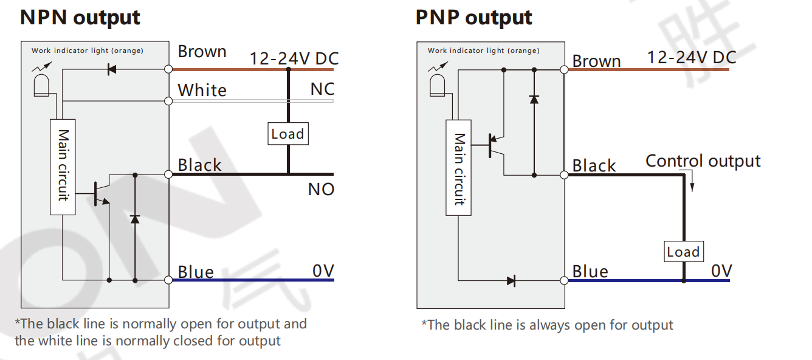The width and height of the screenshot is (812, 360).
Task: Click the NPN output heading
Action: tap(80, 18)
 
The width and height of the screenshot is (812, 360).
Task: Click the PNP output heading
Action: tap(473, 18)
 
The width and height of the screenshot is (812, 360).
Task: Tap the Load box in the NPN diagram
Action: tap(287, 134)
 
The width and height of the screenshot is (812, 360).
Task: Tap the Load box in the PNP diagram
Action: tap(683, 252)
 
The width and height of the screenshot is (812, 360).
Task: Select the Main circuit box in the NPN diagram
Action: tap(63, 167)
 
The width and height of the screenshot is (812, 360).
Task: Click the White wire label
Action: tap(202, 91)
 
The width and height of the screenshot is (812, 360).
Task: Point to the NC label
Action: tap(322, 89)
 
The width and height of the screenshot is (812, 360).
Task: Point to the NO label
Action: tap(321, 190)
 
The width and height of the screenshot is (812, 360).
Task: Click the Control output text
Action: tap(703, 161)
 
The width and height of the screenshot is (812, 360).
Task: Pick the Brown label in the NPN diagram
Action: tap(202, 52)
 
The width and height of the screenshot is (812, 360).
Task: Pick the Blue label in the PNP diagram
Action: tap(590, 271)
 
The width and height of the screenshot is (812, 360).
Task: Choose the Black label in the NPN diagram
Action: tap(199, 165)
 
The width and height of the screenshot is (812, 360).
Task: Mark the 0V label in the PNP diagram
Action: tap(721, 271)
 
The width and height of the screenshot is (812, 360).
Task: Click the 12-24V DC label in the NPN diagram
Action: tap(294, 59)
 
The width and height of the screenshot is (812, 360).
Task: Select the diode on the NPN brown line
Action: tap(111, 69)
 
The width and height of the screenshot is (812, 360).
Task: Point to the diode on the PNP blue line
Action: tap(511, 281)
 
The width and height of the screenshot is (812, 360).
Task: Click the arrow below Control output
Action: tap(692, 183)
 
